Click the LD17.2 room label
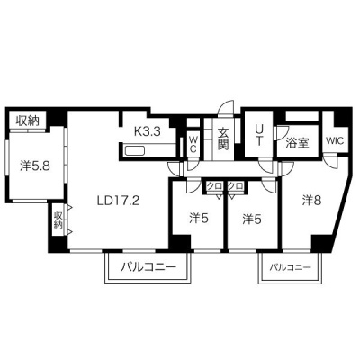point(118,200)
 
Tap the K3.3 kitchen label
point(148,131)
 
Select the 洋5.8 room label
point(35,166)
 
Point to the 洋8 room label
point(312,201)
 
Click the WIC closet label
point(335,140)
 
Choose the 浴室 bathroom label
point(297,143)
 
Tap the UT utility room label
point(258,135)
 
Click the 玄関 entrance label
point(223,139)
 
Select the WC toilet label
point(193,144)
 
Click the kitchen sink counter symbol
point(135,150)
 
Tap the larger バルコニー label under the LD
point(148,266)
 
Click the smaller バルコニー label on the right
point(290,266)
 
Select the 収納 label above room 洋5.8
point(28,121)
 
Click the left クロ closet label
point(214,186)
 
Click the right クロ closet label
point(235,186)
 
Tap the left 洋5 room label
point(199,220)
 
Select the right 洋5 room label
point(252,220)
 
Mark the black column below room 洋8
point(321,244)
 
